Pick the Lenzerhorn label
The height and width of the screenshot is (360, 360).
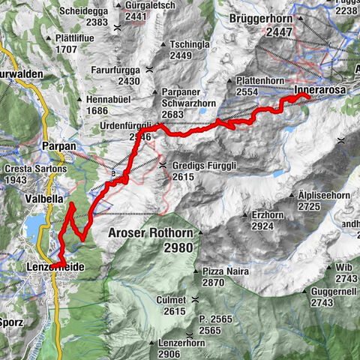(x=179, y=343)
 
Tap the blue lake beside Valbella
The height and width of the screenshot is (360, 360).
(x=34, y=223)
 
